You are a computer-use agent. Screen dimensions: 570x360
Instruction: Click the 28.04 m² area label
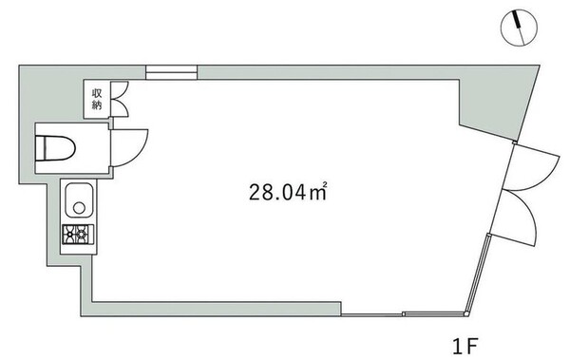click(x=288, y=192)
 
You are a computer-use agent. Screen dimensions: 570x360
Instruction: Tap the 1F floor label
click(x=465, y=346)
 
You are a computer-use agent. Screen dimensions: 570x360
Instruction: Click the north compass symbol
click(x=519, y=28)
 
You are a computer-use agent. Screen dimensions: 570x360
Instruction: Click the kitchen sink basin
click(x=79, y=200)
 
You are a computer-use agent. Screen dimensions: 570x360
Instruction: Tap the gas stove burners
click(x=78, y=235)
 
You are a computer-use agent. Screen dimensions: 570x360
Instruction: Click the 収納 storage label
click(x=97, y=100)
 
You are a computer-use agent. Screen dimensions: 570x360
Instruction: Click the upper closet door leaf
click(x=120, y=90)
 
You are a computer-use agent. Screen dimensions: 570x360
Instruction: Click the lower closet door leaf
click(x=120, y=108)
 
